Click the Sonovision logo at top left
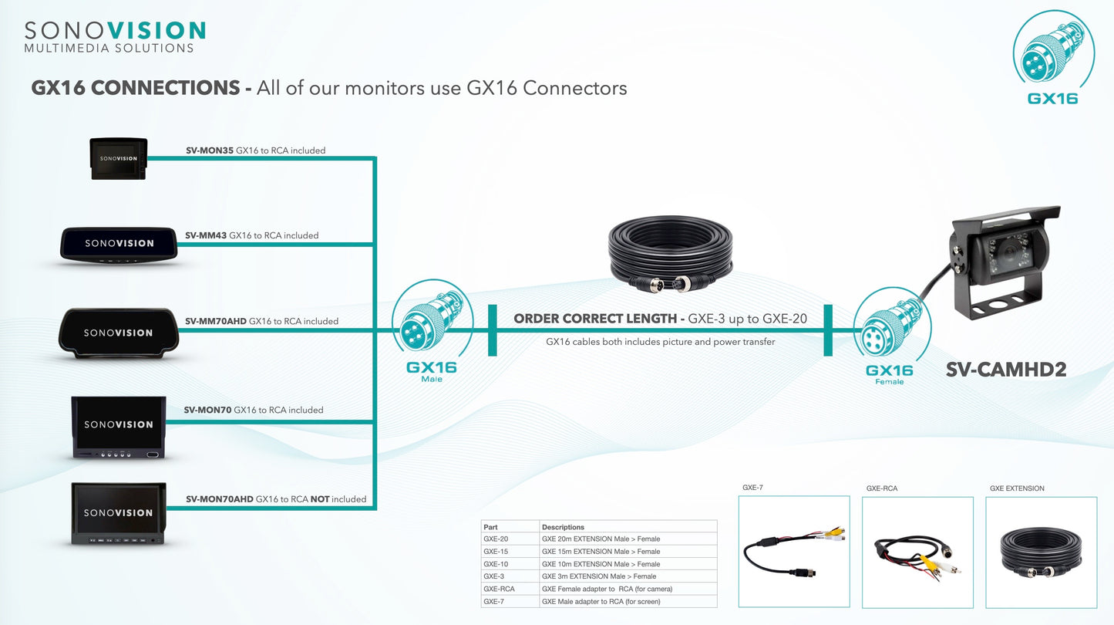pos(115,37)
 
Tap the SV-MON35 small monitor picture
pos(119,159)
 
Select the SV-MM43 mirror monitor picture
pos(119,245)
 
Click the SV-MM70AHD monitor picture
pos(119,333)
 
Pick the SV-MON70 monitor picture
pos(119,427)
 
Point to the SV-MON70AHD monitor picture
pos(119,513)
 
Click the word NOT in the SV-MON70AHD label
pos(320,499)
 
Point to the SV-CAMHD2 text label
pos(1006,370)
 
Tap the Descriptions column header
pos(563,527)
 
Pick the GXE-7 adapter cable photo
pos(794,552)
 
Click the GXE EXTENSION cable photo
pos(1042,552)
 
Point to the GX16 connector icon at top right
pos(1053,55)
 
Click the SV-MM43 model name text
pos(206,235)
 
